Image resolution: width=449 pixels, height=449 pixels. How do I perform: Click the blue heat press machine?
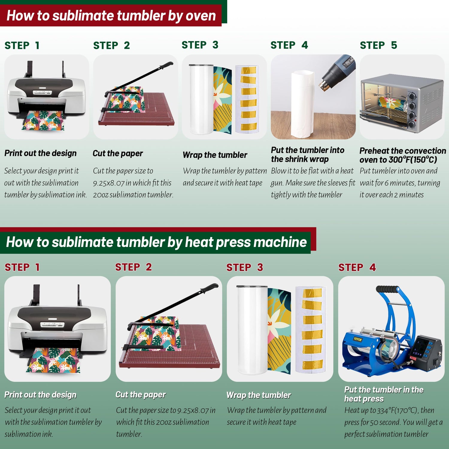(x=392, y=332)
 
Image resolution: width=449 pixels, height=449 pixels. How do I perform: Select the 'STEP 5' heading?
(x=378, y=45)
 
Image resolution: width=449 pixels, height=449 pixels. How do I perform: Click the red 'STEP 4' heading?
(x=357, y=267)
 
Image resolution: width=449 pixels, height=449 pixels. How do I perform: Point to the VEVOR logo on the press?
(x=358, y=339)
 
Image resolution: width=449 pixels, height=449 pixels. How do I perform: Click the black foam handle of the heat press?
(x=388, y=289)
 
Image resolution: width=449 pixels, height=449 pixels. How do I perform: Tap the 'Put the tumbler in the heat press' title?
(x=384, y=394)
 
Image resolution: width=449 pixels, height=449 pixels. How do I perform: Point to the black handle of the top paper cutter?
(x=166, y=65)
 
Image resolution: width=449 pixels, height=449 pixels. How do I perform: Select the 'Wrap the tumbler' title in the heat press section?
(x=259, y=395)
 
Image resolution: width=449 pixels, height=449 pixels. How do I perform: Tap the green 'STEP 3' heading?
(x=200, y=45)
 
